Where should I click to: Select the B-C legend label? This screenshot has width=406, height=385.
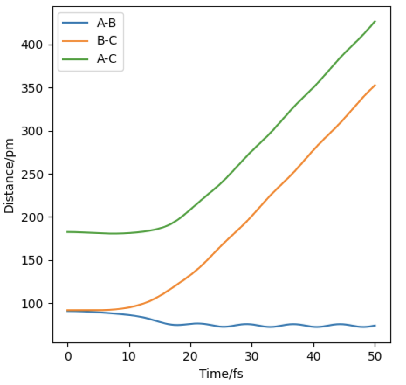(x=107, y=41)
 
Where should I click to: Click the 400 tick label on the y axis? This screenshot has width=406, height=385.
(x=34, y=45)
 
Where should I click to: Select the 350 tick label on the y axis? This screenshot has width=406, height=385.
(x=34, y=88)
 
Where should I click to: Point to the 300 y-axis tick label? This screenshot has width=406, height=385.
(x=34, y=131)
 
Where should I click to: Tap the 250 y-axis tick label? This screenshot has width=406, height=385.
(x=34, y=174)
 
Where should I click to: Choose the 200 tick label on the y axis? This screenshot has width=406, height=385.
(x=34, y=217)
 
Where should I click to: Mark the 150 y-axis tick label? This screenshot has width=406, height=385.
(x=34, y=261)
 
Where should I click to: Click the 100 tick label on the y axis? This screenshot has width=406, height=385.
(x=34, y=303)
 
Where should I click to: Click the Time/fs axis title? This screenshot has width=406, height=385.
(x=221, y=374)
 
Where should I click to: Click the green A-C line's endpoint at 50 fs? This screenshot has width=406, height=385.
(x=375, y=21)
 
